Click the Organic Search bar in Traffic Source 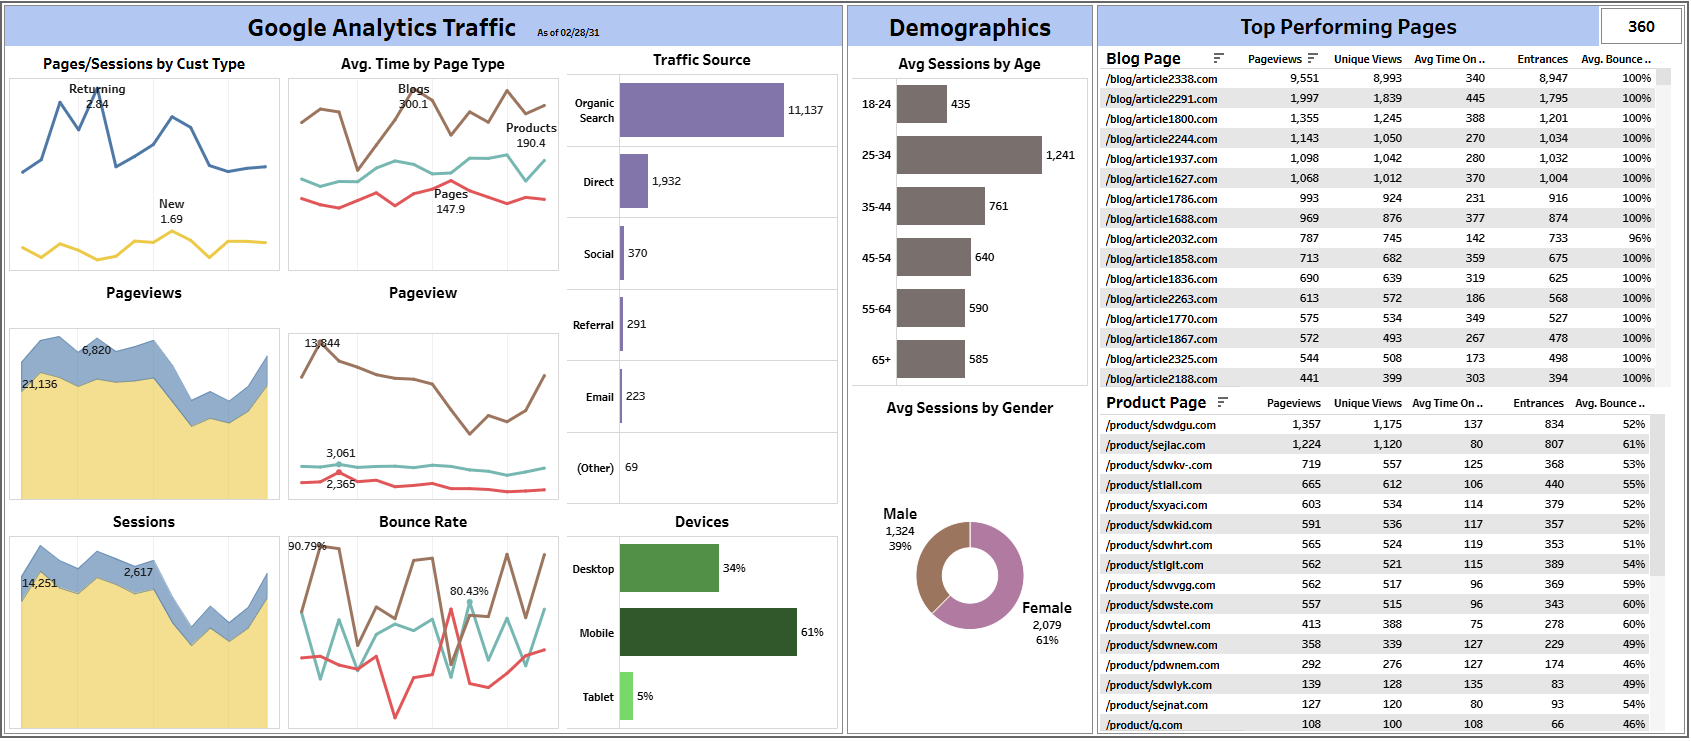click(x=701, y=110)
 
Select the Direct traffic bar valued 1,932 click(x=633, y=181)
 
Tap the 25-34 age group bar click(x=968, y=155)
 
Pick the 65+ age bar click(x=930, y=359)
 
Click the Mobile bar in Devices click(x=707, y=632)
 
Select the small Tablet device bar click(x=626, y=696)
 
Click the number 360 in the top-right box click(x=1641, y=27)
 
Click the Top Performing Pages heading click(x=1347, y=27)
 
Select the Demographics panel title click(x=969, y=28)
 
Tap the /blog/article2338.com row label click(x=1161, y=79)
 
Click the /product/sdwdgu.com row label click(x=1160, y=425)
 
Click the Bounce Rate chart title click(x=422, y=522)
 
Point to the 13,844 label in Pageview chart click(x=322, y=343)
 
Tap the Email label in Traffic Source click(x=599, y=397)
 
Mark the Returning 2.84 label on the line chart click(x=97, y=96)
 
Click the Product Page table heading click(x=1155, y=402)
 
